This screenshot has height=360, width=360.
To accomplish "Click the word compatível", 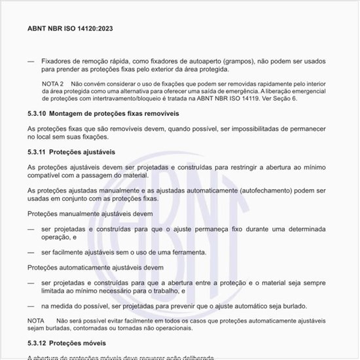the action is click(x=47, y=175).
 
